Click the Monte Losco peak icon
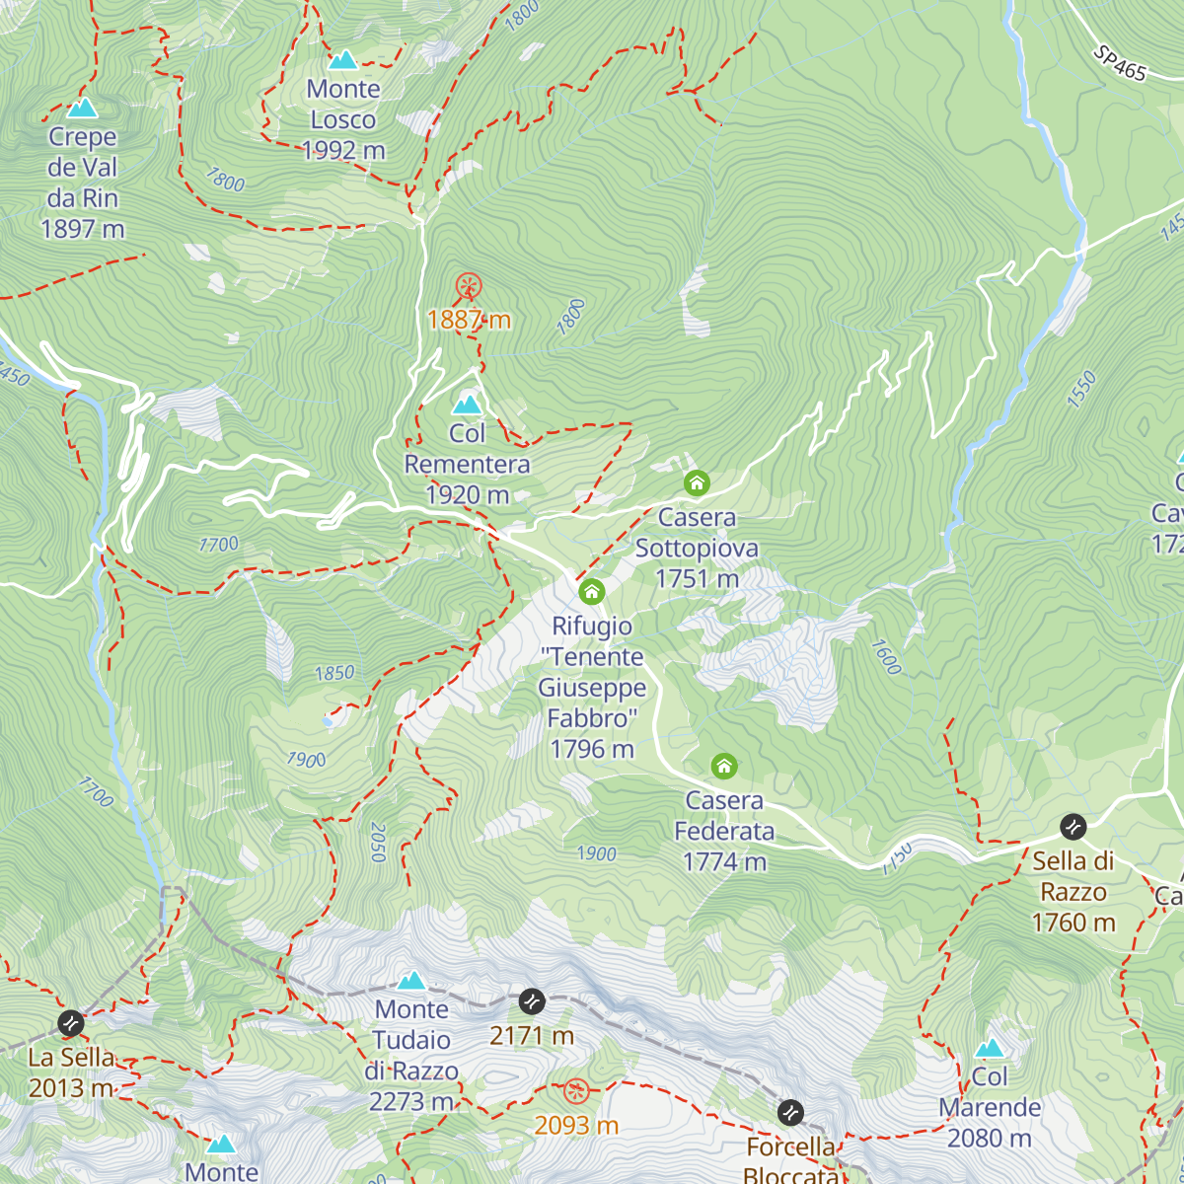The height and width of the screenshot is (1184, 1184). (343, 60)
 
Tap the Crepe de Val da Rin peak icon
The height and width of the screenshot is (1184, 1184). (83, 108)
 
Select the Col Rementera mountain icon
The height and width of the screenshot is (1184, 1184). (467, 405)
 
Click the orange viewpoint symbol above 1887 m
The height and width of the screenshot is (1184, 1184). (469, 287)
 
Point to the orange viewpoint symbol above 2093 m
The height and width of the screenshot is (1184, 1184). (576, 1091)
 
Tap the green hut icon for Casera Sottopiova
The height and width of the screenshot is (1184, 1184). (697, 483)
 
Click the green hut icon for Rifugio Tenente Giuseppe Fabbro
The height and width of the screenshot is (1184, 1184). (591, 592)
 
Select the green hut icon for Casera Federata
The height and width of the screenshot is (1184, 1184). (724, 767)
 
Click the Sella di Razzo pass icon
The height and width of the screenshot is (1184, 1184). (1073, 827)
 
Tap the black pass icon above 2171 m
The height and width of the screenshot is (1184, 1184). (532, 1001)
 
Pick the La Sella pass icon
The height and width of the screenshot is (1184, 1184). (70, 1023)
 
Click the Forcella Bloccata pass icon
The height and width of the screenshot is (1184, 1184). (790, 1113)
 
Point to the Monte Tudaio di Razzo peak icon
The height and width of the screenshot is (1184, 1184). (411, 980)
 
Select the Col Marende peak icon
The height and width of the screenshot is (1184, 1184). (990, 1048)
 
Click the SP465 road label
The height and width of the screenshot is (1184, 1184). (1120, 63)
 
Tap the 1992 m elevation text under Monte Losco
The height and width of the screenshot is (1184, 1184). (343, 150)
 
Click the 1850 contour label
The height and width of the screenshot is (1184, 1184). (334, 673)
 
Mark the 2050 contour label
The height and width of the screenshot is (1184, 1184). (377, 843)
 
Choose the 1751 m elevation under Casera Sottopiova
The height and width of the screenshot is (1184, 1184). (697, 579)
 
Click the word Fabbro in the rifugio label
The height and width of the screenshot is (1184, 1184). (592, 718)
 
